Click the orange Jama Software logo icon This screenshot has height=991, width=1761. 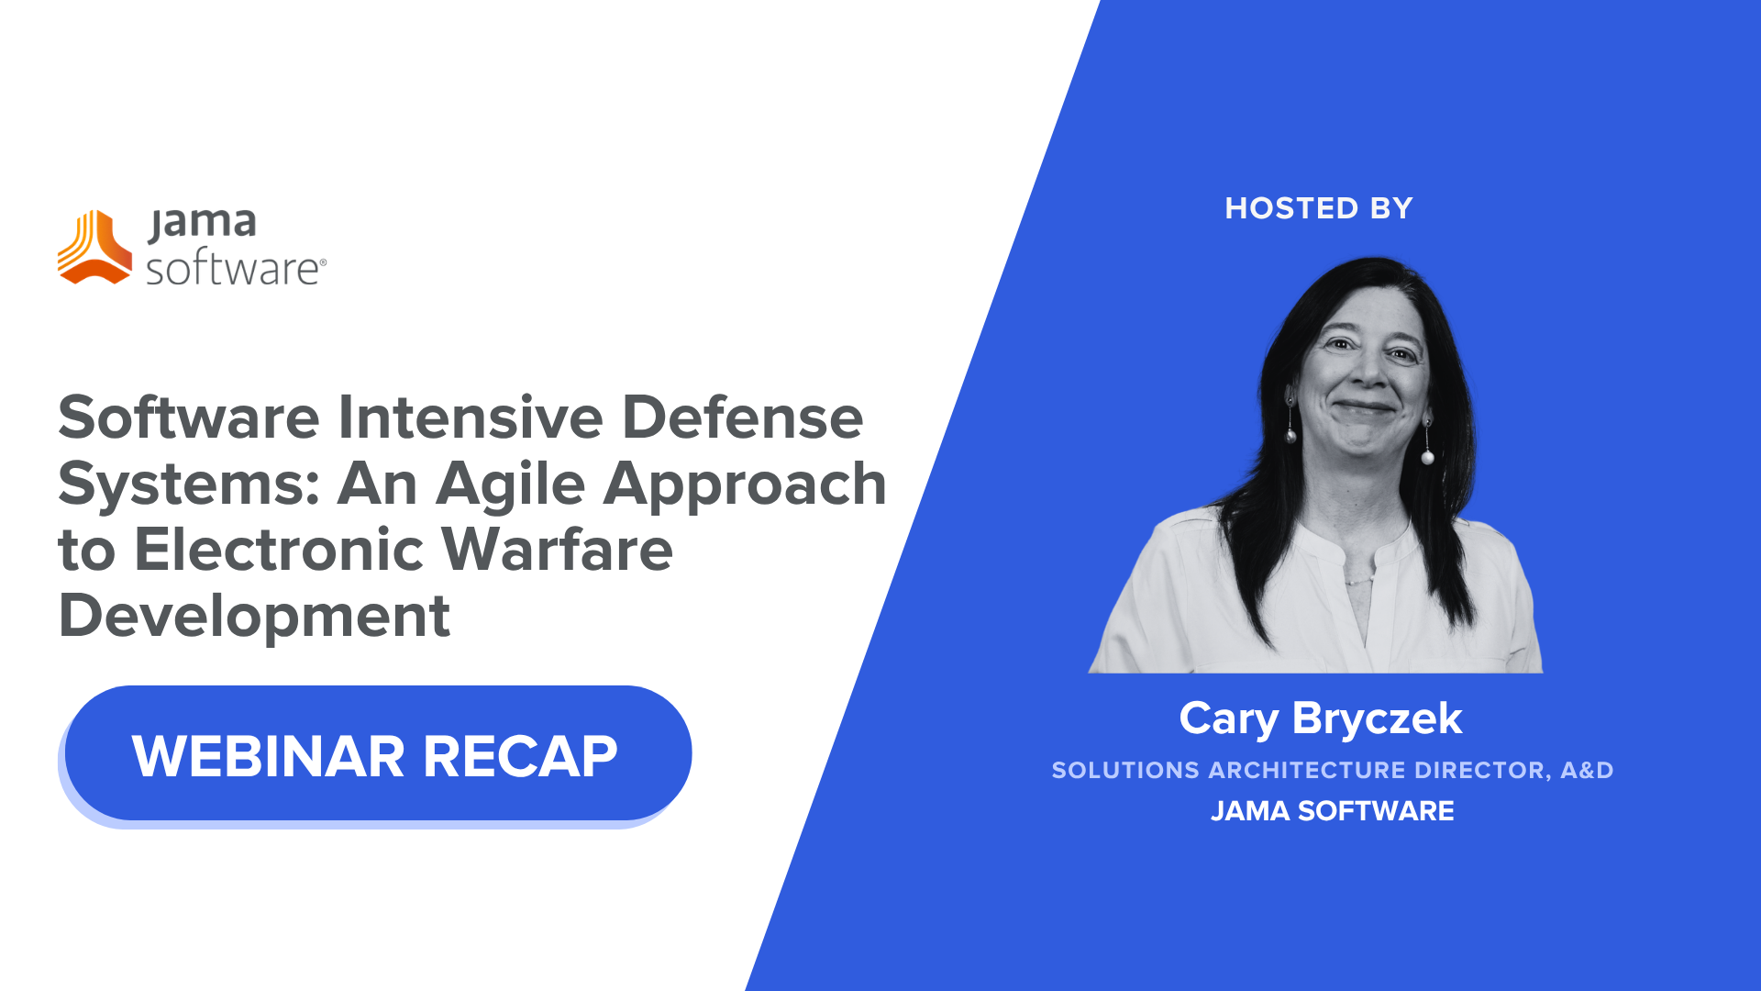[x=95, y=248]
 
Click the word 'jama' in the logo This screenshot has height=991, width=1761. [x=203, y=223]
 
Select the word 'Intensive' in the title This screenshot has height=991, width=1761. [x=471, y=418]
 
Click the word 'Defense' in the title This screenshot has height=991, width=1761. [x=742, y=418]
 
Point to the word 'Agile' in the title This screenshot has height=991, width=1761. [x=510, y=484]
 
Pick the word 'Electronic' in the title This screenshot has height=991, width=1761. [x=279, y=550]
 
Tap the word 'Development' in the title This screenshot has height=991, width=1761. [x=254, y=616]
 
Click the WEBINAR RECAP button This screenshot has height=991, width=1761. [x=376, y=754]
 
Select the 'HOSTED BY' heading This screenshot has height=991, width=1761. [x=1319, y=208]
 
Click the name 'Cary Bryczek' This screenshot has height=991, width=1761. [x=1320, y=718]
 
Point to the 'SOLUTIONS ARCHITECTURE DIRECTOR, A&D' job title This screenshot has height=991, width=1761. [x=1332, y=770]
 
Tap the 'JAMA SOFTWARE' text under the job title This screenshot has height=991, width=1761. [x=1332, y=811]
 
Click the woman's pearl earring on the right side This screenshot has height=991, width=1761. [x=1427, y=456]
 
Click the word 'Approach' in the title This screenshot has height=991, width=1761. [x=744, y=484]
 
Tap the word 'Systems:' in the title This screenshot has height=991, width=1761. [x=189, y=484]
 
